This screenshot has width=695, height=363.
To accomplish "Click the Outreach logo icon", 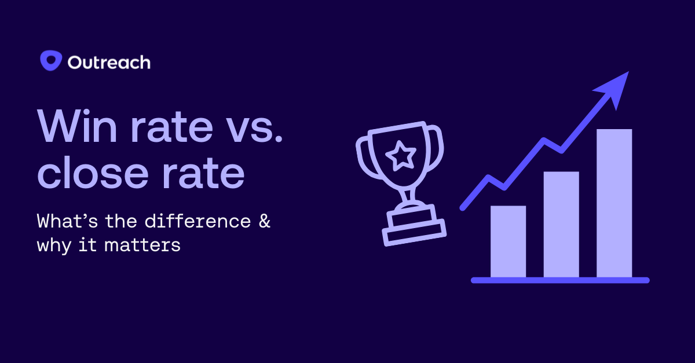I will pyautogui.click(x=51, y=61).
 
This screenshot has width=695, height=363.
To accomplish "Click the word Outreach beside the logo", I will pyautogui.click(x=109, y=62).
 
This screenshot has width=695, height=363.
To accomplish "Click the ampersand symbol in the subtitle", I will pyautogui.click(x=264, y=221).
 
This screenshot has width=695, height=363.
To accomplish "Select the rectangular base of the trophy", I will pyautogui.click(x=415, y=231).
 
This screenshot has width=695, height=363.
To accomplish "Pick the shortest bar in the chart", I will pyautogui.click(x=508, y=241).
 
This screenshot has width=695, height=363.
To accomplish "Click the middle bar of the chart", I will pyautogui.click(x=561, y=224).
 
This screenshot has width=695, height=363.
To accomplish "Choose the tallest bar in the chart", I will pyautogui.click(x=614, y=203).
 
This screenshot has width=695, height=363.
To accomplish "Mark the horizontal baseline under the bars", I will pyautogui.click(x=559, y=280).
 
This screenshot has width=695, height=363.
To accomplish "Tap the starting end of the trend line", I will pyautogui.click(x=463, y=206).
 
